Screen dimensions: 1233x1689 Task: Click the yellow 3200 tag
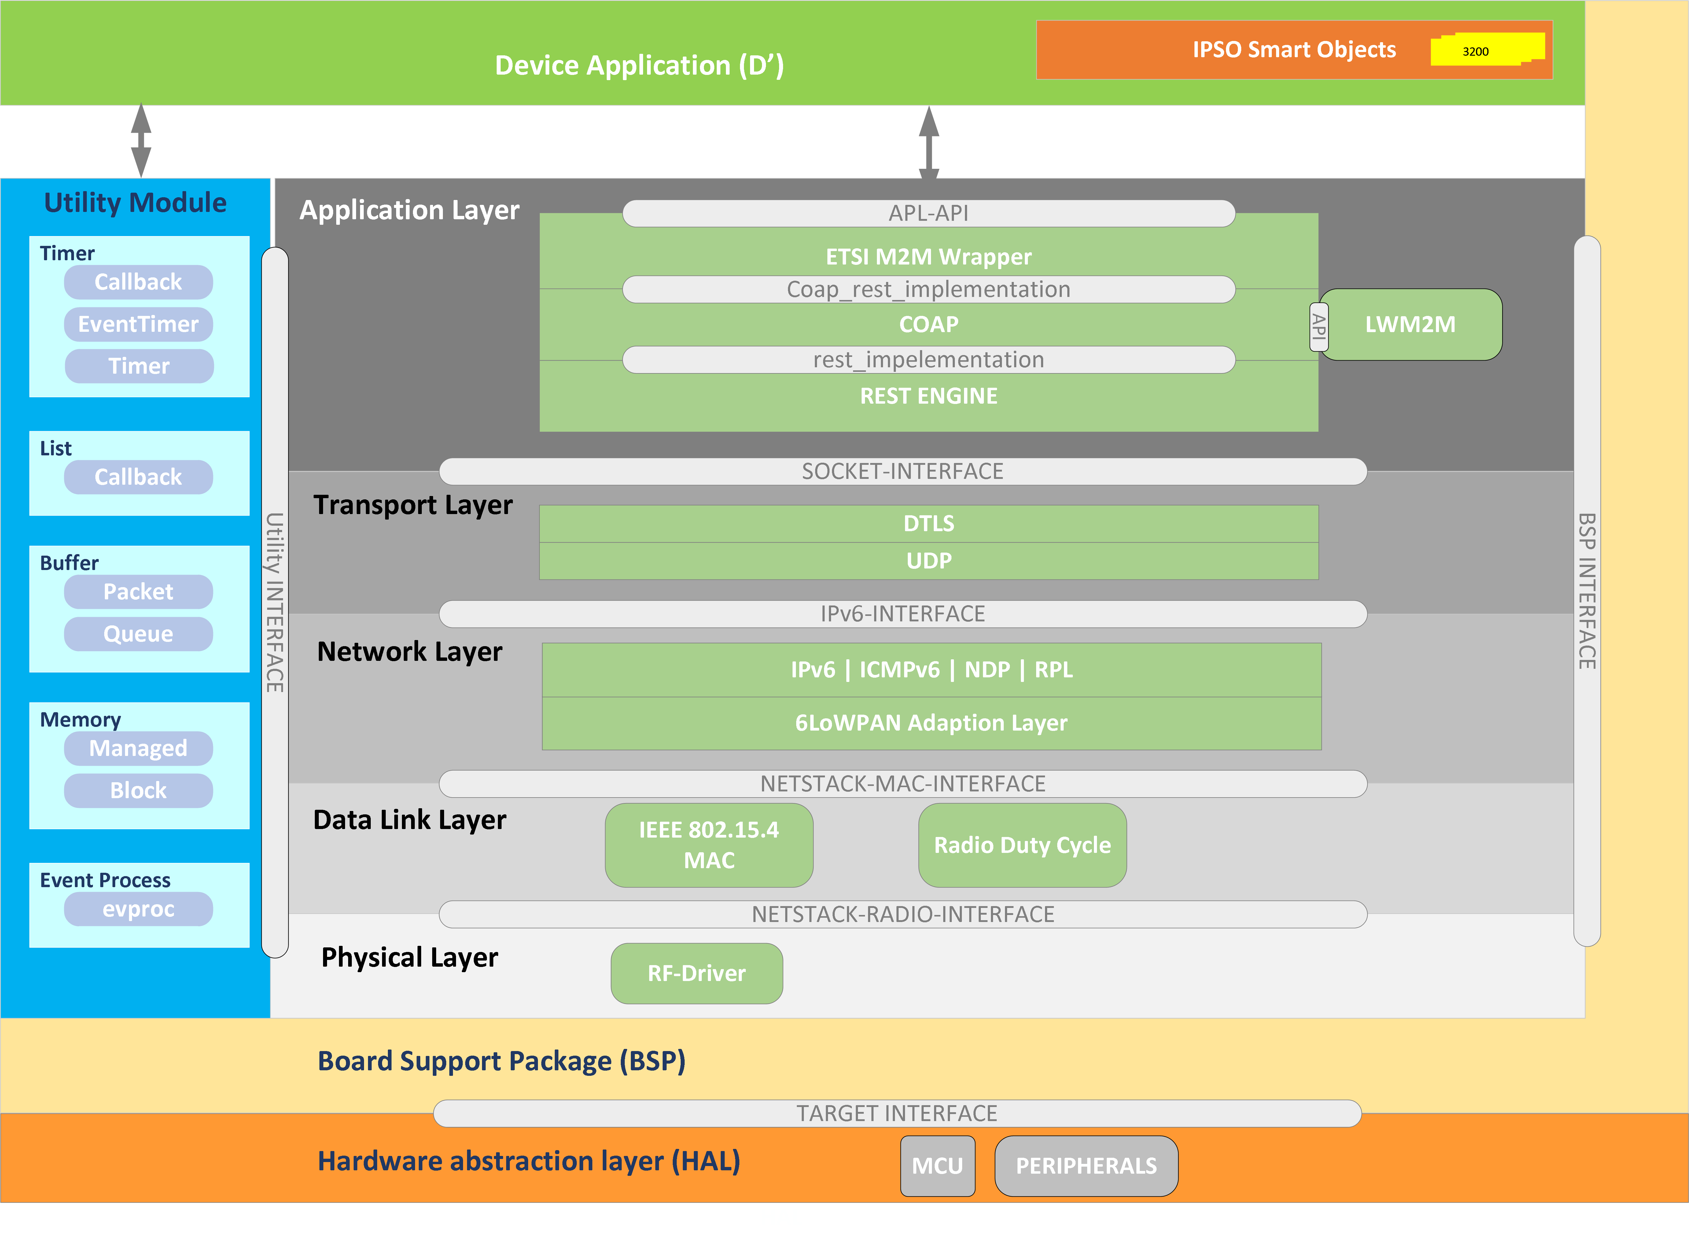(1487, 50)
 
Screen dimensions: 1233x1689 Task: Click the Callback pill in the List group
(139, 477)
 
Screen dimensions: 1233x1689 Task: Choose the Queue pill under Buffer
(139, 634)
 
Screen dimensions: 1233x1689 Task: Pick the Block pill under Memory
(139, 791)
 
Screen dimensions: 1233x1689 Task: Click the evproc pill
(139, 909)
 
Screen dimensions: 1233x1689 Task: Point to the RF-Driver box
(697, 973)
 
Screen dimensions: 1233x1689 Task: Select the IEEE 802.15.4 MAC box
(709, 845)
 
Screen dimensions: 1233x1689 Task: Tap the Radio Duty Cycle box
(1022, 845)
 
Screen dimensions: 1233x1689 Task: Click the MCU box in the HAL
(938, 1166)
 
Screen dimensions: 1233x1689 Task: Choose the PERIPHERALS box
(1086, 1166)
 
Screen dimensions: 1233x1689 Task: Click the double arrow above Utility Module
(141, 140)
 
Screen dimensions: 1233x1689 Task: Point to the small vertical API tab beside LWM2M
(1319, 326)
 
